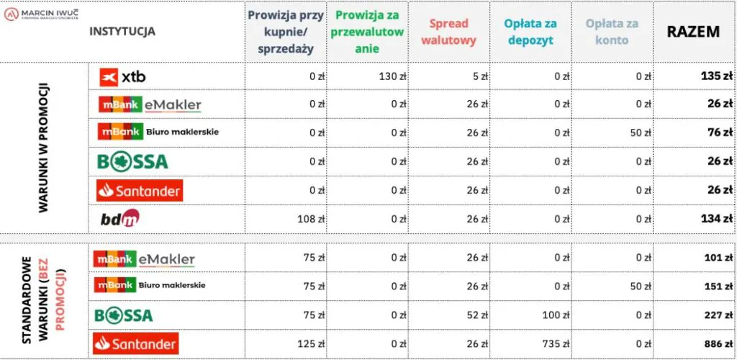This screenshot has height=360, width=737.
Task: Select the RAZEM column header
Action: pyautogui.click(x=694, y=31)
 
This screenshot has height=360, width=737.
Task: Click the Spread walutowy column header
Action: pyautogui.click(x=448, y=32)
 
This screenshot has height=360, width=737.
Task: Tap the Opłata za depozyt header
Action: pyautogui.click(x=530, y=32)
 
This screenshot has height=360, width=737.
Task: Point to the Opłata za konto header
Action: pyautogui.click(x=612, y=32)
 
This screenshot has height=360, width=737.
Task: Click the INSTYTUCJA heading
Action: pyautogui.click(x=122, y=31)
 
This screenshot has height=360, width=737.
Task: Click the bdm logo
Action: pyautogui.click(x=119, y=217)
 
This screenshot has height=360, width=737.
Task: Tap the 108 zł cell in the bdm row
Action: pyautogui.click(x=310, y=217)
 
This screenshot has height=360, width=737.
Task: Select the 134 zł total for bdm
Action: pyautogui.click(x=717, y=217)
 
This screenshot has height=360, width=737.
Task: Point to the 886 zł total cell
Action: pyautogui.click(x=718, y=343)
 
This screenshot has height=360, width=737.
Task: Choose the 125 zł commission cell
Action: pyautogui.click(x=310, y=343)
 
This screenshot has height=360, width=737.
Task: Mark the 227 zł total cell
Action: pyautogui.click(x=718, y=315)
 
